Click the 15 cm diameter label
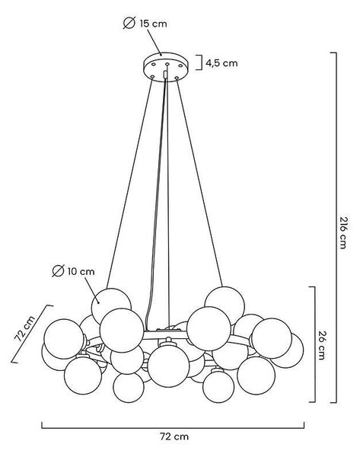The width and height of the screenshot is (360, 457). pyautogui.click(x=153, y=24)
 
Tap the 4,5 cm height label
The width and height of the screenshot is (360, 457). pyautogui.click(x=221, y=63)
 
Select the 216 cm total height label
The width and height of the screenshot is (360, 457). pyautogui.click(x=343, y=232)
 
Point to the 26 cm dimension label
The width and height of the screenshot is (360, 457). pyautogui.click(x=321, y=345)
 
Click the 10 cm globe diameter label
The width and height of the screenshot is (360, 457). pyautogui.click(x=81, y=272)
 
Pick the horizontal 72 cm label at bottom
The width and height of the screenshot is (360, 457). pyautogui.click(x=174, y=436)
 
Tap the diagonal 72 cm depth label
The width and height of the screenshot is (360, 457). pyautogui.click(x=25, y=328)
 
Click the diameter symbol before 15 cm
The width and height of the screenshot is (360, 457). pyautogui.click(x=129, y=23)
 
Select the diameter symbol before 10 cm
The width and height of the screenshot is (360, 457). pyautogui.click(x=58, y=271)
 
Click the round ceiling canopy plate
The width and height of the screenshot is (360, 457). pyautogui.click(x=166, y=67)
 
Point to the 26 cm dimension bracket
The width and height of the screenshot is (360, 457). pyautogui.click(x=314, y=344)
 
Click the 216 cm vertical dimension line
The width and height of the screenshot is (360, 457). pyautogui.click(x=336, y=228)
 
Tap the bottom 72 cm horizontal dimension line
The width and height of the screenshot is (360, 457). pyautogui.click(x=173, y=428)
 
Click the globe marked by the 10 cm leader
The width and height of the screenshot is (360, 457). pyautogui.click(x=111, y=306)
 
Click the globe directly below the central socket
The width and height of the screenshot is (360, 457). pyautogui.click(x=168, y=367)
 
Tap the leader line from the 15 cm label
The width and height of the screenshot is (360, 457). pyautogui.click(x=155, y=42)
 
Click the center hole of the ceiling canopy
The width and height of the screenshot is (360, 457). pyautogui.click(x=167, y=64)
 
